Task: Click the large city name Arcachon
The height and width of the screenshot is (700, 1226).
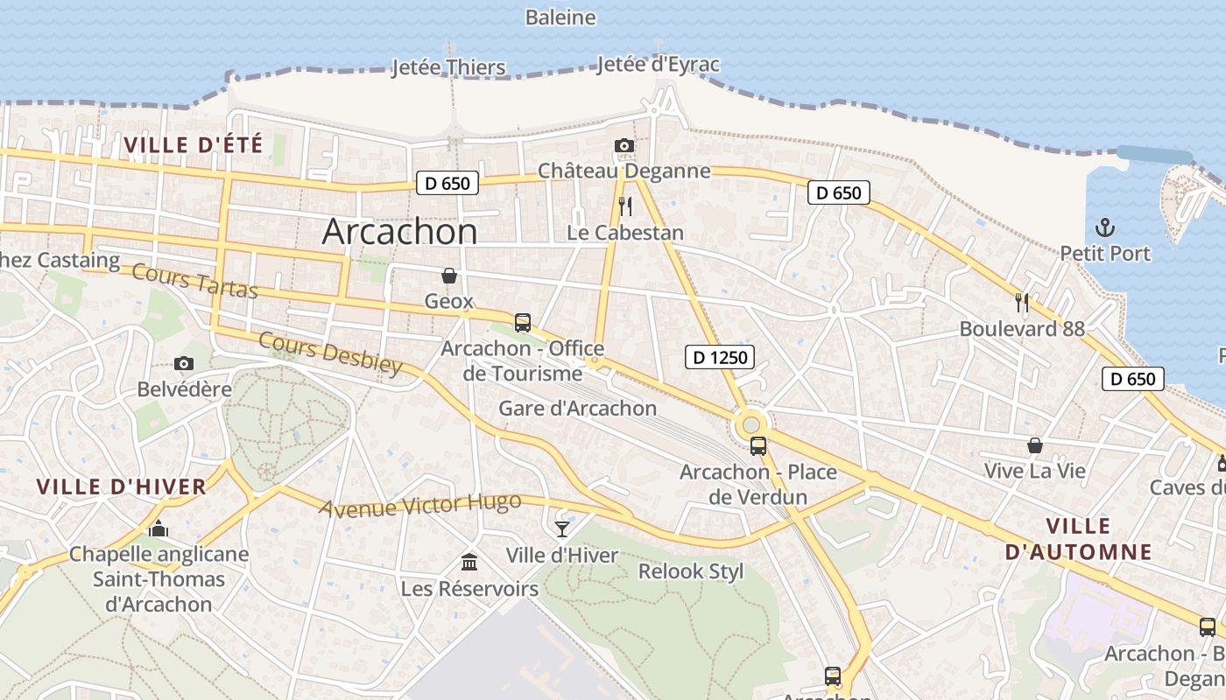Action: pyautogui.click(x=399, y=232)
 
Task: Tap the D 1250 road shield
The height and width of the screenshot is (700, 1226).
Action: pyautogui.click(x=719, y=357)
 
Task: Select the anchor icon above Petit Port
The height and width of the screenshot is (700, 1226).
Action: pyautogui.click(x=1104, y=227)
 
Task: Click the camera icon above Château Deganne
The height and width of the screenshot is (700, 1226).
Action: pyautogui.click(x=624, y=145)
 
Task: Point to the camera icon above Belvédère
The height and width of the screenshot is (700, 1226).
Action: pyautogui.click(x=184, y=363)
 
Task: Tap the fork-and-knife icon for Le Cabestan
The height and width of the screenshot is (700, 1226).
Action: pyautogui.click(x=624, y=206)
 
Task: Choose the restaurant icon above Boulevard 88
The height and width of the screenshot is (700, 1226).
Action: pyautogui.click(x=1021, y=303)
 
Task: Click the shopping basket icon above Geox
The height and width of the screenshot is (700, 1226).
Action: pyautogui.click(x=448, y=276)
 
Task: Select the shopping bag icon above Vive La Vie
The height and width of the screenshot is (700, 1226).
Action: pyautogui.click(x=1034, y=445)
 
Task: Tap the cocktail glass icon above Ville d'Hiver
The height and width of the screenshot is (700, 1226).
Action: pyautogui.click(x=561, y=528)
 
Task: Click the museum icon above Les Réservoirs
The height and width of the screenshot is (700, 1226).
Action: pyautogui.click(x=469, y=562)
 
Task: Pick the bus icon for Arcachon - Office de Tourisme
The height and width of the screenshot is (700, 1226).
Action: pyautogui.click(x=522, y=323)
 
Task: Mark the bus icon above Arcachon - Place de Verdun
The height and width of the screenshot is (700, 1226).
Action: pyautogui.click(x=758, y=446)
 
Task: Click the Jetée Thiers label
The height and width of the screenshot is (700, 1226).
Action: pyautogui.click(x=448, y=67)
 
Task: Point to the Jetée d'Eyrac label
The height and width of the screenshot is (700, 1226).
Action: pyautogui.click(x=658, y=65)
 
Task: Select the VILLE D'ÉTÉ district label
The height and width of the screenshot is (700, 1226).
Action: pyautogui.click(x=194, y=145)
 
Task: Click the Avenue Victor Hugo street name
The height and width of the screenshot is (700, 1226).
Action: pyautogui.click(x=419, y=505)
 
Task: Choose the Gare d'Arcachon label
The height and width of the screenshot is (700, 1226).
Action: pyautogui.click(x=577, y=409)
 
